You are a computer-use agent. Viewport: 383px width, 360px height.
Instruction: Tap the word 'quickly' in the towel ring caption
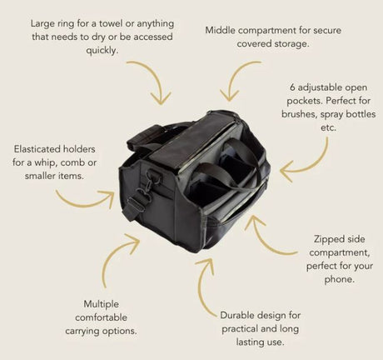[102, 51]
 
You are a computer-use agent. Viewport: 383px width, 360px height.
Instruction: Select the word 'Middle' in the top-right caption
[221, 30]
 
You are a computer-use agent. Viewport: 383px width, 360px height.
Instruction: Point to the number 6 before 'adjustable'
[292, 87]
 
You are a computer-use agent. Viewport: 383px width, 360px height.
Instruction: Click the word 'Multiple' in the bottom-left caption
[102, 304]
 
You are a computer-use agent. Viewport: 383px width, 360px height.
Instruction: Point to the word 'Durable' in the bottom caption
[237, 315]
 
